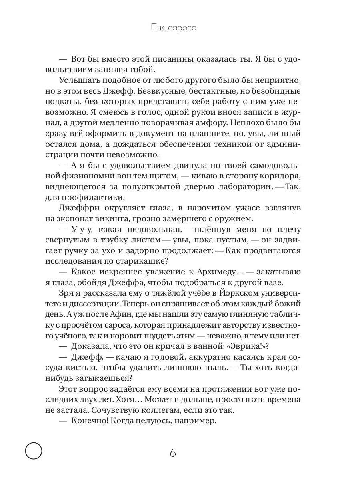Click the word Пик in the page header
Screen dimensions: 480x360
[158, 28]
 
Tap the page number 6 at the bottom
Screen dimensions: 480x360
[173, 453]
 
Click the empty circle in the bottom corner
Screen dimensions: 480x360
[34, 451]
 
